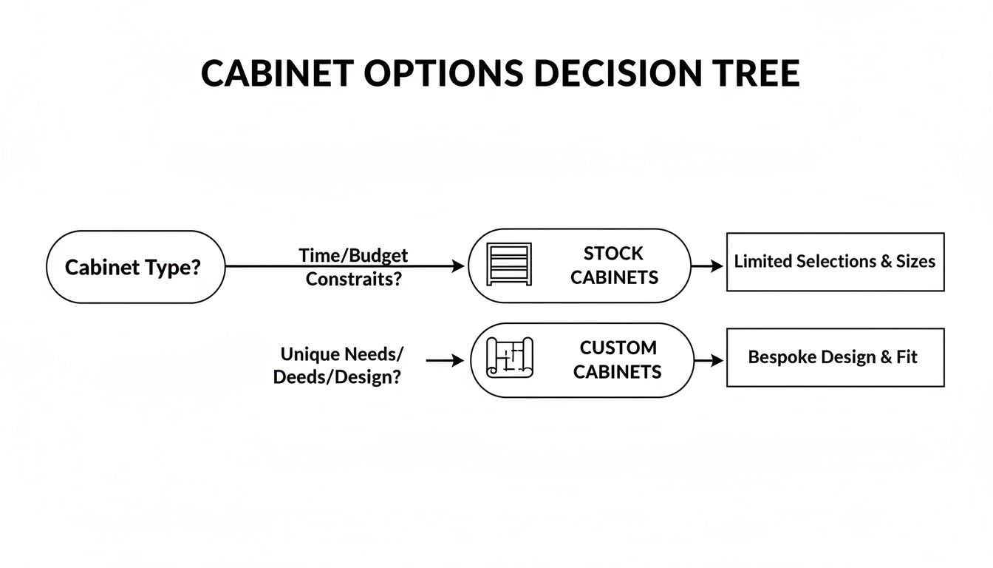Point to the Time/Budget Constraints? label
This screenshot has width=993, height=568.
click(x=353, y=267)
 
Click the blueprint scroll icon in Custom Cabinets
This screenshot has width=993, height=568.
click(x=509, y=359)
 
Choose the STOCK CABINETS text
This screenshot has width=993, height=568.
click(x=614, y=266)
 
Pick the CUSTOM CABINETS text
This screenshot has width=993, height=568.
click(x=617, y=359)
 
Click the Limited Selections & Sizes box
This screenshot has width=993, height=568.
click(x=835, y=262)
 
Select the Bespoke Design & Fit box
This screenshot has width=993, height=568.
click(x=835, y=357)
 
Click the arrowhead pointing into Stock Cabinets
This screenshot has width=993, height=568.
click(x=460, y=266)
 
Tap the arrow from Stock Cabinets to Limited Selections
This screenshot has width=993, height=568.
click(x=708, y=266)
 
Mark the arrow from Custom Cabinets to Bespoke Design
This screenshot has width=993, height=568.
click(x=709, y=360)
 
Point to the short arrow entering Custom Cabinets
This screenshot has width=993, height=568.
click(x=445, y=360)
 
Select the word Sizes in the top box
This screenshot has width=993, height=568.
click(x=915, y=262)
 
